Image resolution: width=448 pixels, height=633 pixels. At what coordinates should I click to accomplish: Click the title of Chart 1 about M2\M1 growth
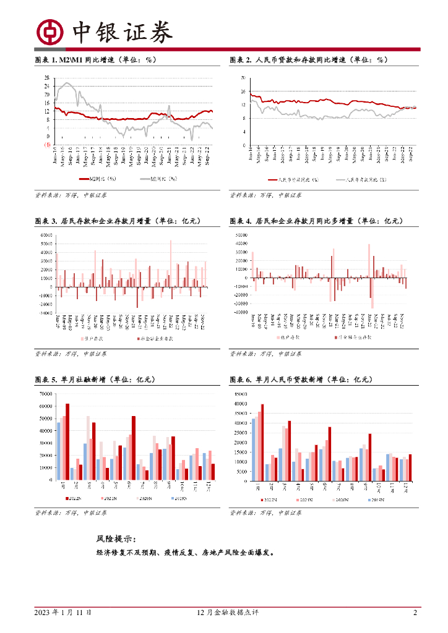96,60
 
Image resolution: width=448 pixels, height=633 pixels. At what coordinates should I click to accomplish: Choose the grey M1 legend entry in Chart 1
158,179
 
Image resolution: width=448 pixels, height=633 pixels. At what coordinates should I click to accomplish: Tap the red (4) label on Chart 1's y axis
46,145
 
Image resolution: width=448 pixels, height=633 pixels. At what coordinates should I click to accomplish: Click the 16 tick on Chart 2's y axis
243,91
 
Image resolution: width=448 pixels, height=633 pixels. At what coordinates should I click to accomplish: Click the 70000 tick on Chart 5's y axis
45,394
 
